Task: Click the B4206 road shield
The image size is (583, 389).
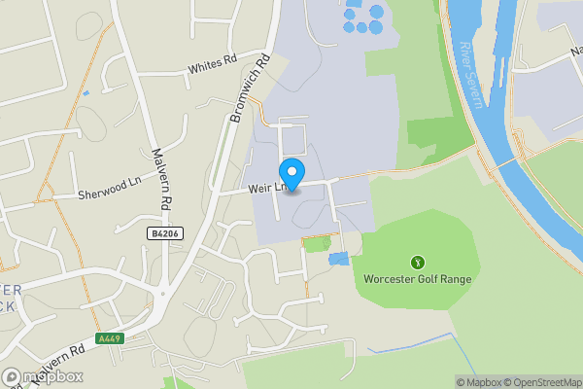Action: point(165,234)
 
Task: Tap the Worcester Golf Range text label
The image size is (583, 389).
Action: point(417,279)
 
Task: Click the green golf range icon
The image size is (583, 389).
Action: point(418,262)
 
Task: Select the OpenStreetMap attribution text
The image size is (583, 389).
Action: point(539,382)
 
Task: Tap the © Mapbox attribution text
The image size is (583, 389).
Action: point(477,382)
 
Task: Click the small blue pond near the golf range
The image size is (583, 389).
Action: point(338,259)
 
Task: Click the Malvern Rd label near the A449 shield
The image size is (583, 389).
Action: point(53,369)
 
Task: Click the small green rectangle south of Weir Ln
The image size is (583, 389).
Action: point(317,243)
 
